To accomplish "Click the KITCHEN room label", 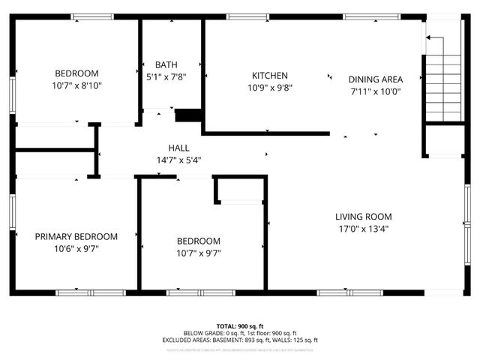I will pos(269,76).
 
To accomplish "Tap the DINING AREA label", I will pos(375,79).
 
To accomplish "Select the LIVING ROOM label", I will pos(364,217).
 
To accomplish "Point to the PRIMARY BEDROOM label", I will pos(76,236).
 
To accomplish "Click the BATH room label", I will pos(166,64).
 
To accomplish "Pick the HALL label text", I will pos(178,148).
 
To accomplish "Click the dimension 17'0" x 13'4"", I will pos(364,229).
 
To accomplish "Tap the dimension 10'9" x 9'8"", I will pos(269,87).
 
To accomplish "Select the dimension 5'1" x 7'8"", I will pos(166,76).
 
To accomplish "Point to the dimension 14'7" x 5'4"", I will pos(178,159).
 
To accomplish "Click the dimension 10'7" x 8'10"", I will pos(76,85).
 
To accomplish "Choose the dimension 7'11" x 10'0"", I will pos(375,91).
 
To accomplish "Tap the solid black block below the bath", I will pos(188,115).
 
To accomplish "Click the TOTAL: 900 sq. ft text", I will pos(240,326).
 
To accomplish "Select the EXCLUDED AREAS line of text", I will pos(240,340).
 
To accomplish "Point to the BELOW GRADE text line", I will pos(240,333).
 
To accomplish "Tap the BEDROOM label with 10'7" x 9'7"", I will pos(199,241).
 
